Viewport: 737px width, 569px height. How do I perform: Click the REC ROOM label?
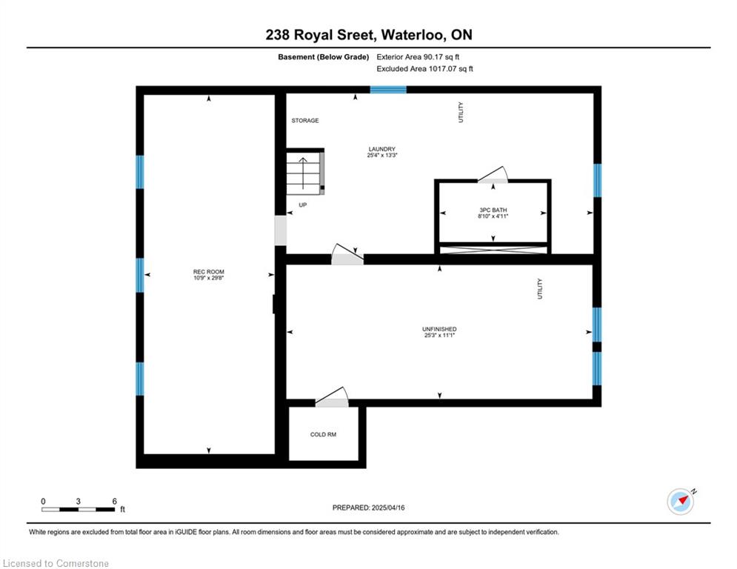[209, 272]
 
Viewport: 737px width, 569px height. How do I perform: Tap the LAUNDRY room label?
[381, 149]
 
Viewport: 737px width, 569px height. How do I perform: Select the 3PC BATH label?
[493, 210]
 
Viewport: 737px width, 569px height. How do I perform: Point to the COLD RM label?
[324, 434]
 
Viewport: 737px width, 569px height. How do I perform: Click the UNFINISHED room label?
[439, 329]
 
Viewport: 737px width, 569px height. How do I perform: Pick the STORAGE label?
[305, 121]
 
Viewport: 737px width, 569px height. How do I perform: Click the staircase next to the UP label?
[305, 171]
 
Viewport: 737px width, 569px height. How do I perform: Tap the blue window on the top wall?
[388, 90]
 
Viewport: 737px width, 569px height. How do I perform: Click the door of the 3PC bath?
[493, 175]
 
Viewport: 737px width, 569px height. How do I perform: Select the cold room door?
[332, 398]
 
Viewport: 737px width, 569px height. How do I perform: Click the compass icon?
[681, 502]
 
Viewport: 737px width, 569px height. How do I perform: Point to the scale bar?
[78, 509]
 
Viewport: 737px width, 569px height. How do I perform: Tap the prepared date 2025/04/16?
[388, 508]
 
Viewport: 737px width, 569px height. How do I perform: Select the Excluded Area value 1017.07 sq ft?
[451, 69]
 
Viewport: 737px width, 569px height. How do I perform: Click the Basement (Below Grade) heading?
[324, 57]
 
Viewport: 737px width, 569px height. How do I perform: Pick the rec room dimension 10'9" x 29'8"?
[209, 278]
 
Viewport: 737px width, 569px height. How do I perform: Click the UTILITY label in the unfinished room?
[539, 289]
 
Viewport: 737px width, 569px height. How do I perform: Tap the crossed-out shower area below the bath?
[493, 250]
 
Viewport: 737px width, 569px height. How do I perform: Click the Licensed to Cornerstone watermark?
[56, 563]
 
